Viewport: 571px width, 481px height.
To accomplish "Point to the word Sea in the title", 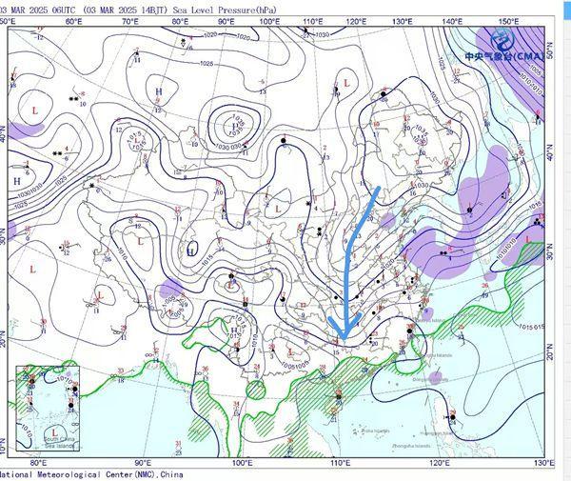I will [x=181, y=7].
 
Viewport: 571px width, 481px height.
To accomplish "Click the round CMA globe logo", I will [x=502, y=40].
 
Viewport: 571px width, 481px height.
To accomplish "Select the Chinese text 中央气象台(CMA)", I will [x=502, y=57].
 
